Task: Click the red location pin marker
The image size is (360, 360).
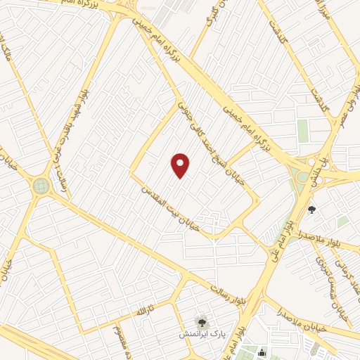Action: (x=181, y=165)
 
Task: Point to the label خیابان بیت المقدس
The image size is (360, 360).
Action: (x=172, y=208)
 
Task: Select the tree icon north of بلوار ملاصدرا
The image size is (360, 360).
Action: (x=312, y=209)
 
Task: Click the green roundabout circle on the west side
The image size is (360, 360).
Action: (x=41, y=186)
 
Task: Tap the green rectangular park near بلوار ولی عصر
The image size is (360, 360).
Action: (x=303, y=130)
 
